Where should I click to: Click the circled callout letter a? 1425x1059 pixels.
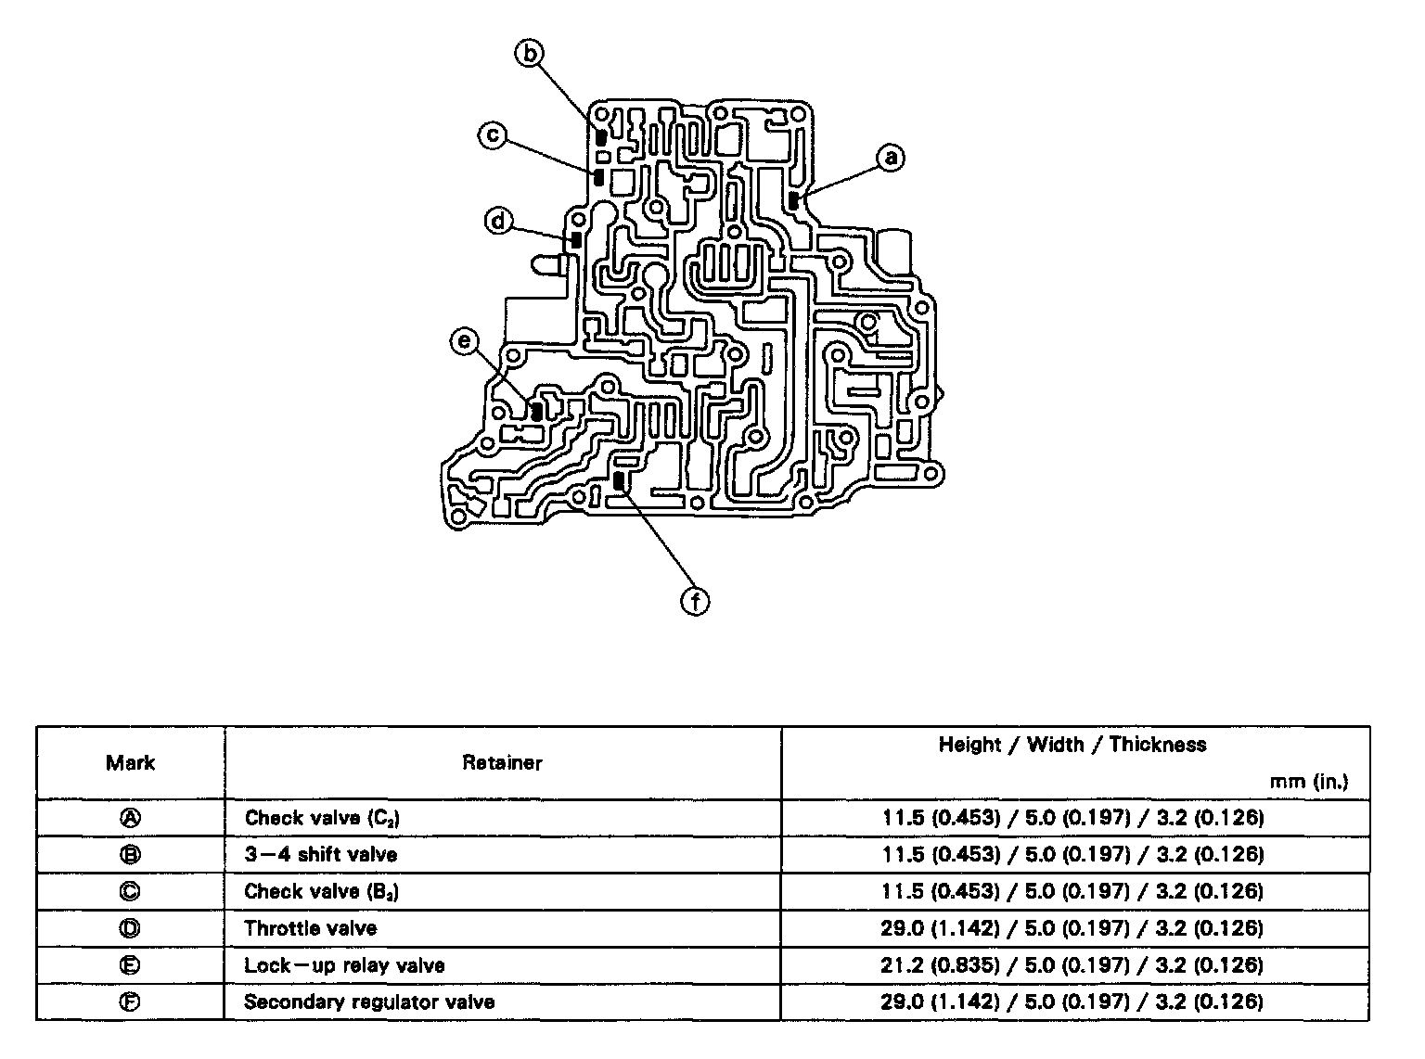(891, 158)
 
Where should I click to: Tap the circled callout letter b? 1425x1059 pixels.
(529, 54)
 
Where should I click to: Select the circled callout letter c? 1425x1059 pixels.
(492, 135)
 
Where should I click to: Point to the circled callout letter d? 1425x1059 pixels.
(498, 222)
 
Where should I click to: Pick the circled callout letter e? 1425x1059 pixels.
(463, 342)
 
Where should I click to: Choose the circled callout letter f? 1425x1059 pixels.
(695, 602)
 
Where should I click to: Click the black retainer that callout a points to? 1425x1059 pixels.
(794, 199)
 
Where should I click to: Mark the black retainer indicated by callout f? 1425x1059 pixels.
(619, 481)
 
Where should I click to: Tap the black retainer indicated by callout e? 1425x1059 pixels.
(536, 411)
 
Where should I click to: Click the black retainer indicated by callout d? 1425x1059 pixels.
(576, 238)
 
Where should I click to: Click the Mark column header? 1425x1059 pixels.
(130, 763)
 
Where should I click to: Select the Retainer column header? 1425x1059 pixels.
(502, 763)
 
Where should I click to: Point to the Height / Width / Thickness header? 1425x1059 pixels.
(1072, 745)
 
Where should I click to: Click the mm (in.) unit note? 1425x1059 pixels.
(1308, 782)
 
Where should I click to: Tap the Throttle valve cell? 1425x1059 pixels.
(310, 928)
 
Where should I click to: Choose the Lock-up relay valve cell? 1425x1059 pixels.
(344, 965)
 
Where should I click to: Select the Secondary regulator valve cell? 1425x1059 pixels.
(368, 1002)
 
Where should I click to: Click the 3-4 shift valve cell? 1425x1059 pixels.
(320, 854)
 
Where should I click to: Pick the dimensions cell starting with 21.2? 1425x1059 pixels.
(1072, 965)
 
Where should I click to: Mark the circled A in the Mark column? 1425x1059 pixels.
(130, 818)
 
